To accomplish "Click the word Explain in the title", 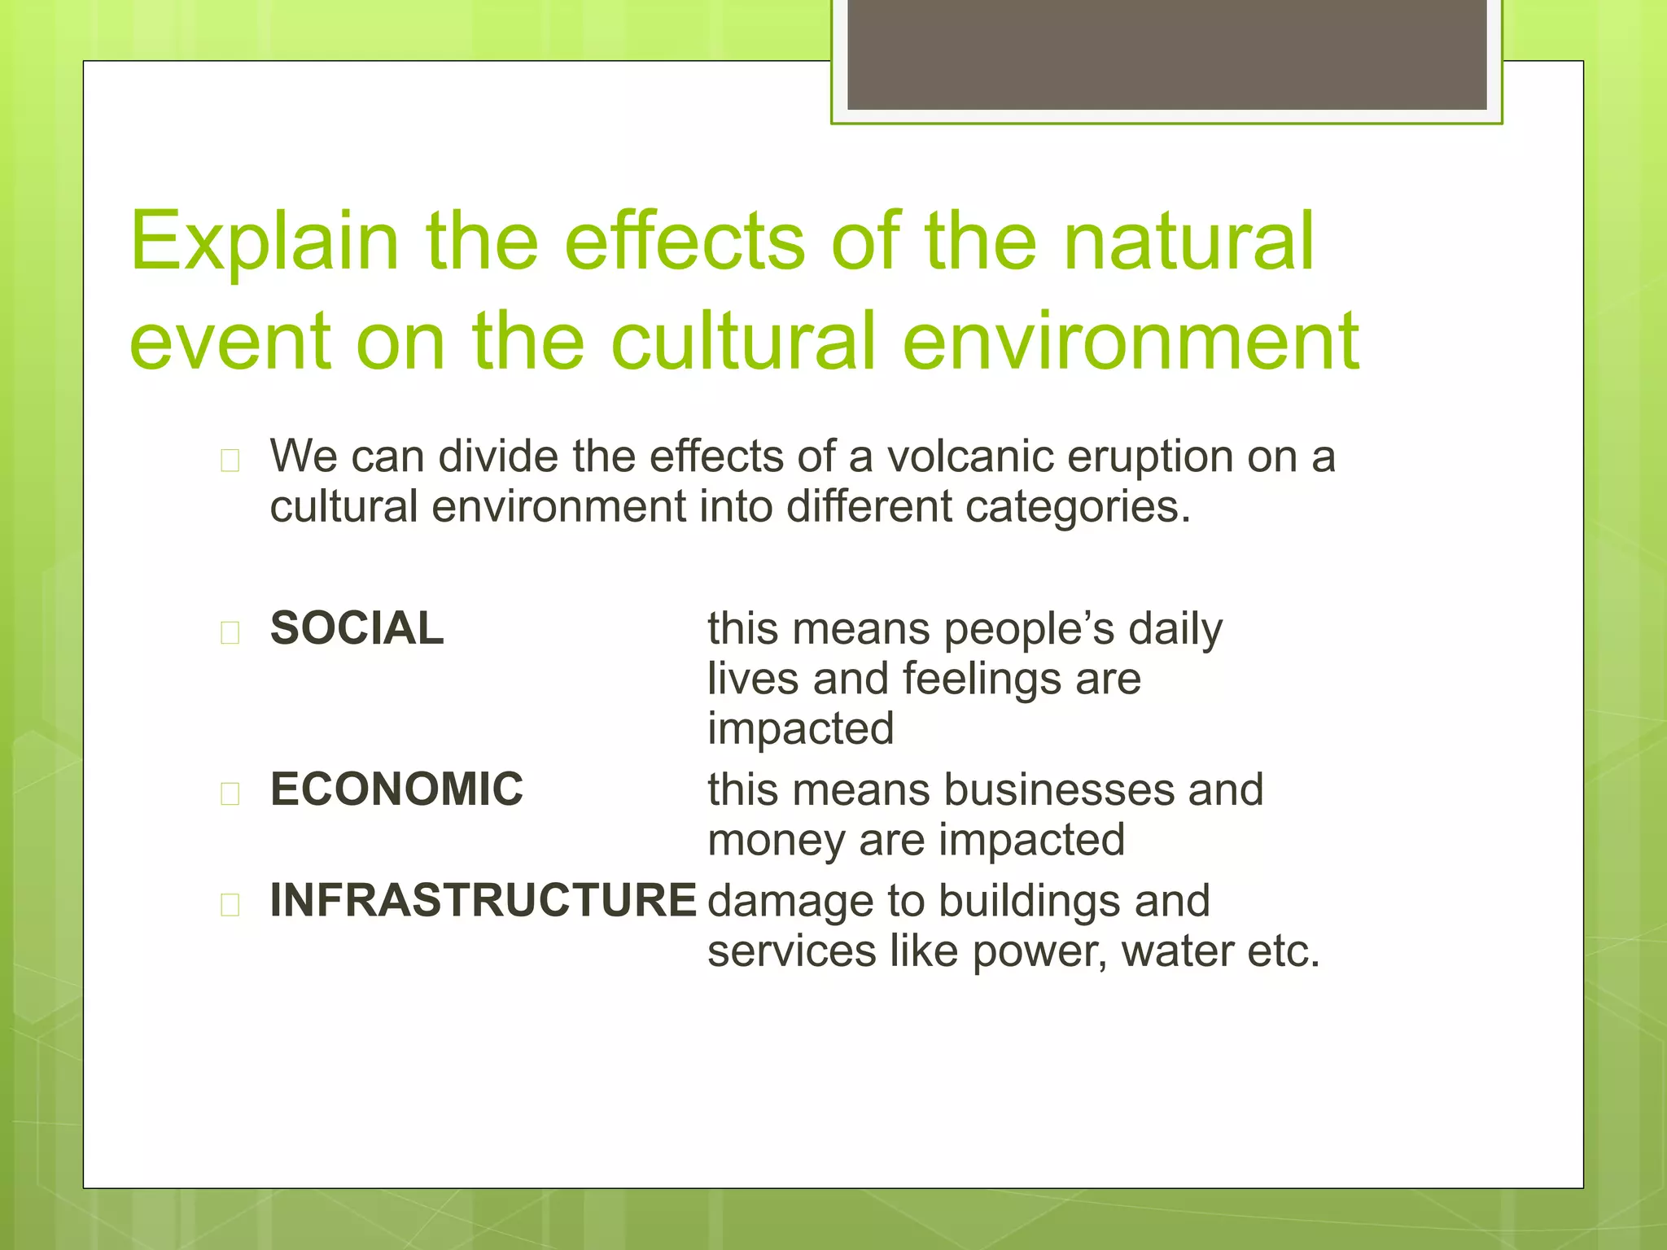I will [265, 242].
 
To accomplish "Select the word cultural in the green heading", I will [742, 342].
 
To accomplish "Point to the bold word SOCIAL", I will [357, 628].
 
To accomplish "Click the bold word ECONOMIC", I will [396, 789].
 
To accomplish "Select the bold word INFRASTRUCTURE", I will [483, 901].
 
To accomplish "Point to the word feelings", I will [981, 680].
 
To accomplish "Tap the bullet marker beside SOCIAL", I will [230, 632].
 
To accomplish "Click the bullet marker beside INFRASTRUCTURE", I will [230, 905].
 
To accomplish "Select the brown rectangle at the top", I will [1166, 54].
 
